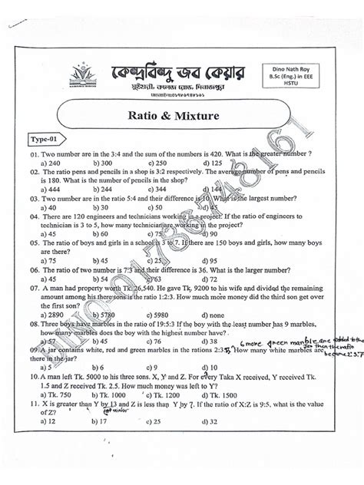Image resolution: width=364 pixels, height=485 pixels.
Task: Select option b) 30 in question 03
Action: (100, 207)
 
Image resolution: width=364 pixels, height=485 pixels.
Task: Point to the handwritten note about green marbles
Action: (307, 347)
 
